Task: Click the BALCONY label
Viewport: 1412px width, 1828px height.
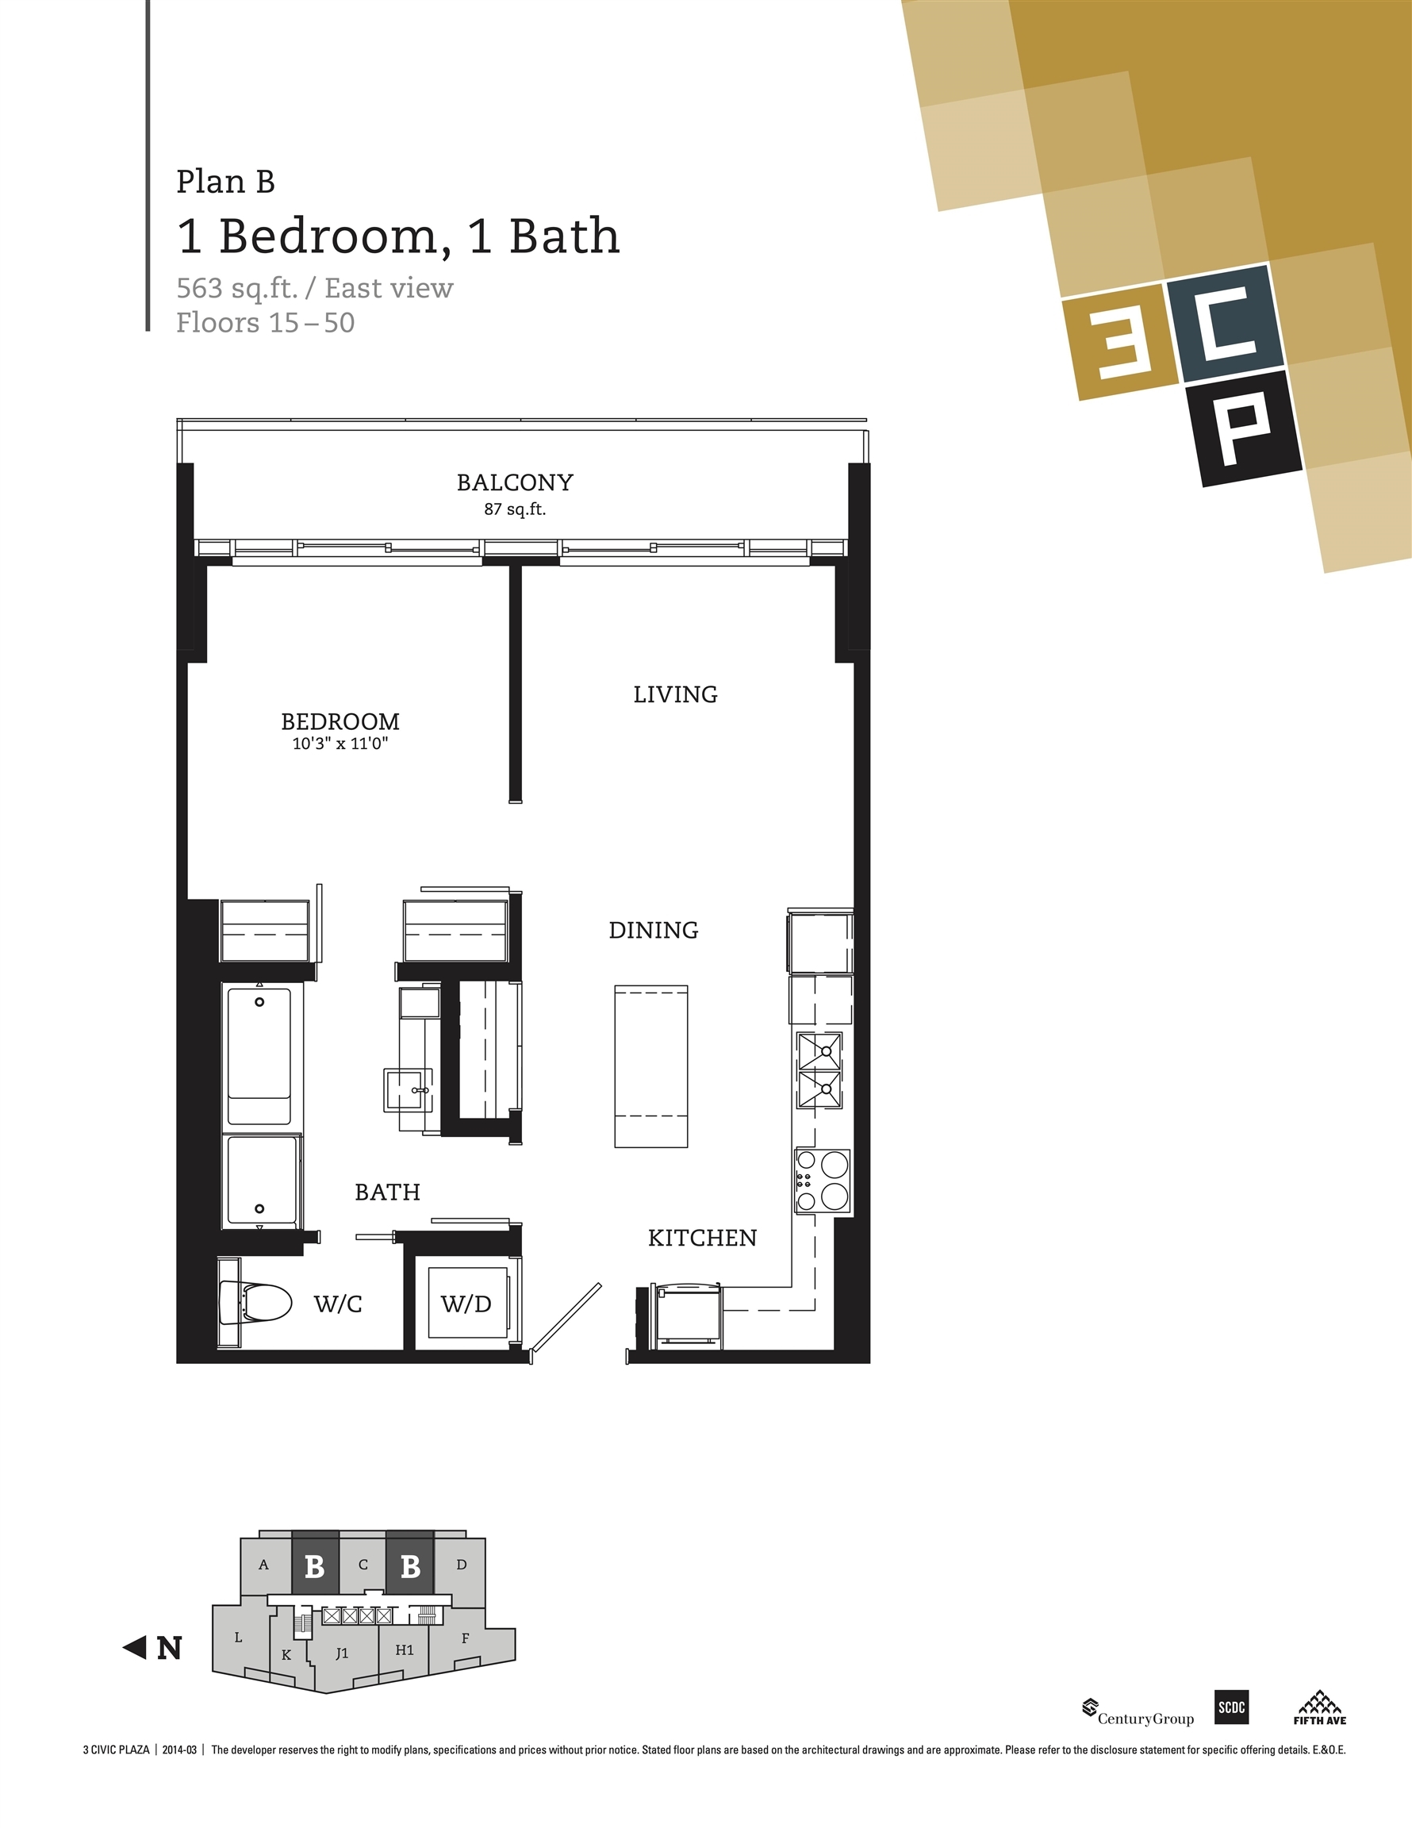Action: [515, 482]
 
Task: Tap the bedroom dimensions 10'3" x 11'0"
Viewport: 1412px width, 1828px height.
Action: [340, 743]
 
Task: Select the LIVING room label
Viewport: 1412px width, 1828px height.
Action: [675, 694]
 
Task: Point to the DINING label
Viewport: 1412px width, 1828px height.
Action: [654, 930]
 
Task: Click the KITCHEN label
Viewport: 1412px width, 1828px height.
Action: [702, 1238]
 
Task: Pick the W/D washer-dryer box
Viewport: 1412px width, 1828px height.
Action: [466, 1304]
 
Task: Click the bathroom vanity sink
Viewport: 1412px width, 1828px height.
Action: [411, 1090]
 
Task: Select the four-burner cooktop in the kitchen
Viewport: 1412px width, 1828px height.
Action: [822, 1181]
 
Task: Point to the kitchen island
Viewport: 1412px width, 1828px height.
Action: [651, 1066]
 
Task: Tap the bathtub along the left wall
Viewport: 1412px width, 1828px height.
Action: [259, 1055]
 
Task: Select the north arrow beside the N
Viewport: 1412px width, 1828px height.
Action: [135, 1648]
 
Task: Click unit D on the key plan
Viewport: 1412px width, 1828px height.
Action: [461, 1565]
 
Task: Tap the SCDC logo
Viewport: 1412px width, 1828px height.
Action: [1231, 1707]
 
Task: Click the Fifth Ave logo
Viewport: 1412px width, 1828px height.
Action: [1319, 1707]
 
